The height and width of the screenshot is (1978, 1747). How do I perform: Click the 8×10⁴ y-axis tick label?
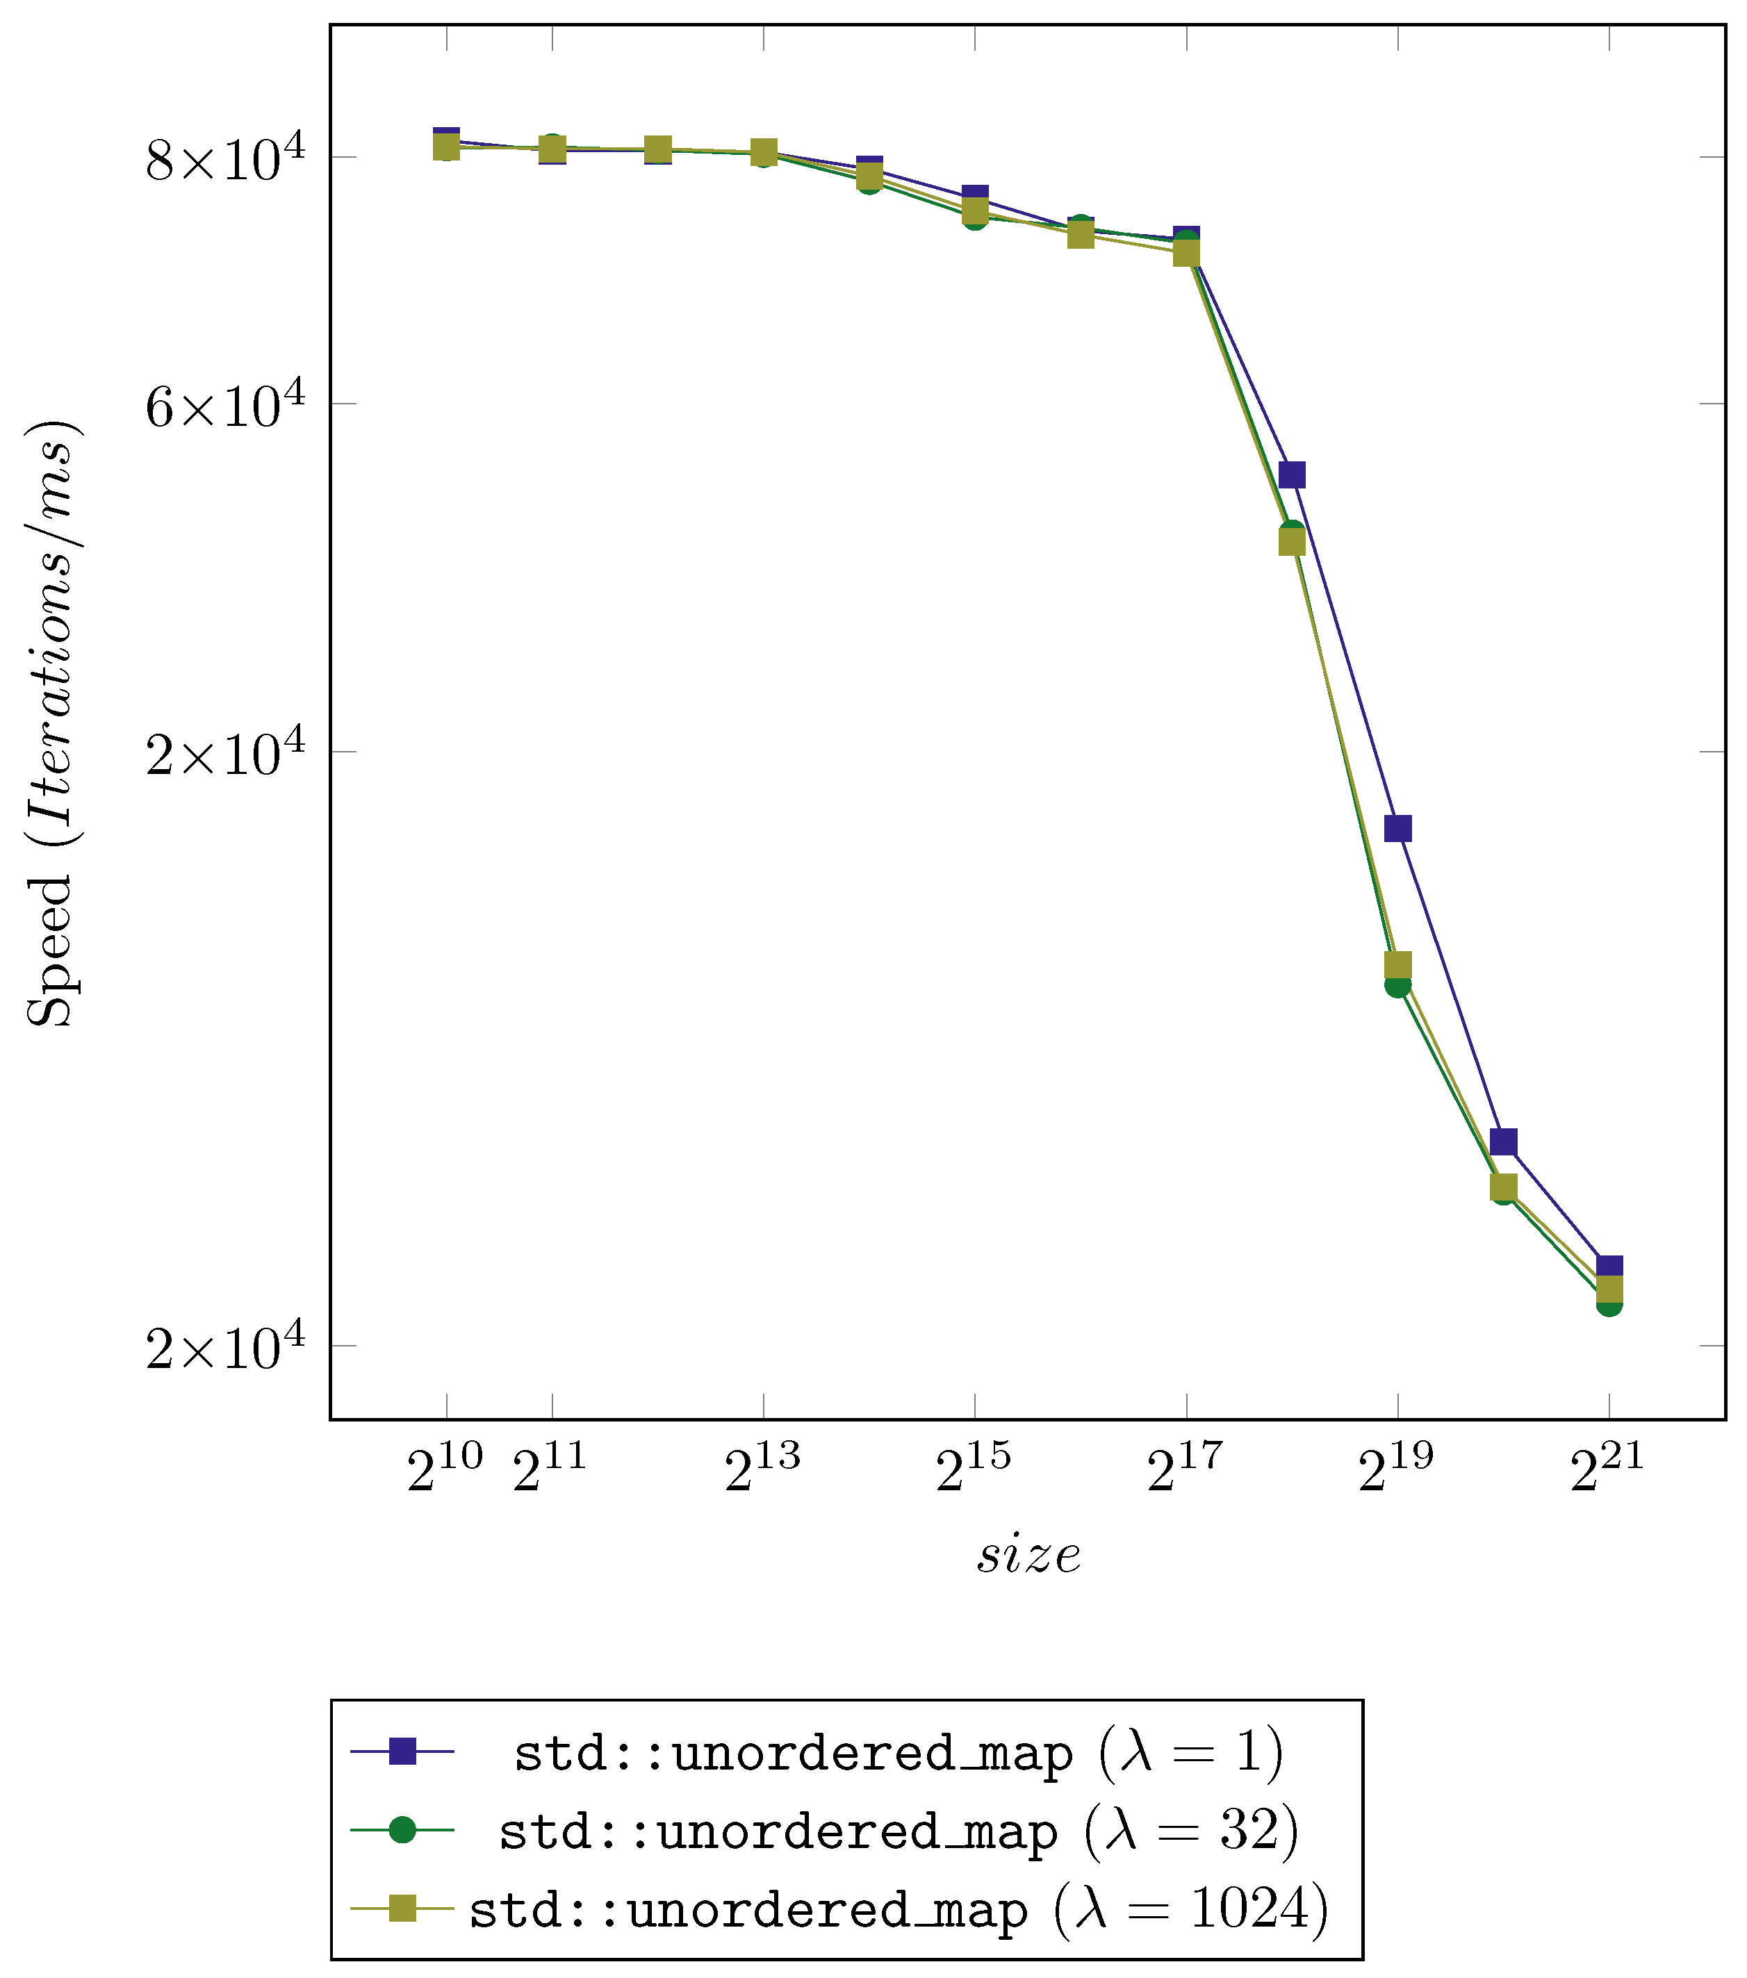[x=224, y=158]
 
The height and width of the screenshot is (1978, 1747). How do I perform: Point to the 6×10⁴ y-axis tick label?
[x=224, y=404]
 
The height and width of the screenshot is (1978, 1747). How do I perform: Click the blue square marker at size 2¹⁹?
[x=1397, y=828]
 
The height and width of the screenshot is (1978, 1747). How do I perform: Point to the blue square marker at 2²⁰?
[x=1503, y=1142]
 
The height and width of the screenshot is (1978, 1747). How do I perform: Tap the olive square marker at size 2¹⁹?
[x=1397, y=965]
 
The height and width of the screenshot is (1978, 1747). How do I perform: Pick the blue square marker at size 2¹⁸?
[x=1292, y=474]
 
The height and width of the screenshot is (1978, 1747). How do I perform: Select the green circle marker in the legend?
[x=402, y=1830]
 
